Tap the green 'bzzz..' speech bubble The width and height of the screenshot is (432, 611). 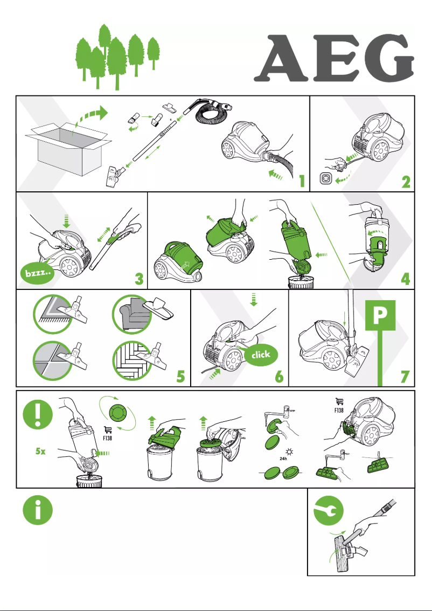[x=37, y=274]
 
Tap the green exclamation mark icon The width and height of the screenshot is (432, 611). [x=38, y=415]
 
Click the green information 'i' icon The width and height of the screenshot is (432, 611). [x=38, y=508]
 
